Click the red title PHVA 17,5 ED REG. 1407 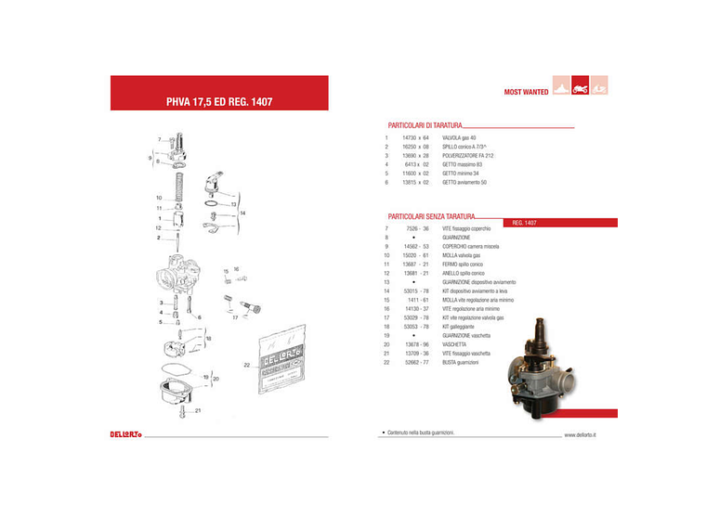[218, 101]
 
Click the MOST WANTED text [526, 92]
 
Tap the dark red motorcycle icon [580, 86]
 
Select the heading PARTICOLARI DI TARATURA [425, 124]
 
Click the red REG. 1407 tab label [525, 224]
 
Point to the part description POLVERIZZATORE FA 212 [468, 156]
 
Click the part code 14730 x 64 [416, 137]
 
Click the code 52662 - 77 [417, 362]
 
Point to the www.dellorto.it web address [581, 433]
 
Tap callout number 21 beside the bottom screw [198, 409]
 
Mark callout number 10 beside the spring [159, 197]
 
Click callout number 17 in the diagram [235, 317]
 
